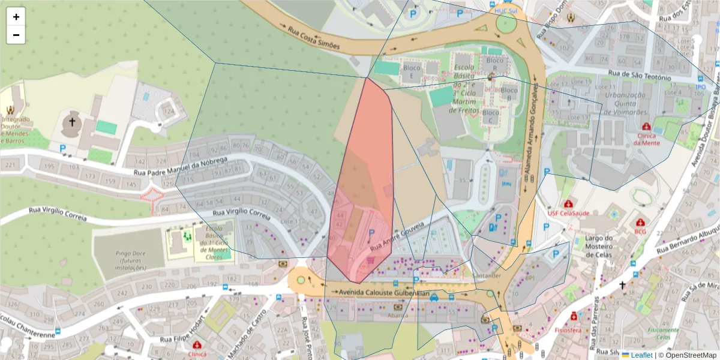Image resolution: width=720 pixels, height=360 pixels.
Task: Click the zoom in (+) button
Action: tap(16, 17)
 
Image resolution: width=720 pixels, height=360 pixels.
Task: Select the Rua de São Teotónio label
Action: tap(639, 74)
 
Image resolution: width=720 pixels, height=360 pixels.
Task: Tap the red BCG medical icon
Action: tap(641, 221)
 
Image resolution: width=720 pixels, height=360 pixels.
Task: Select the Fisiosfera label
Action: tap(584, 329)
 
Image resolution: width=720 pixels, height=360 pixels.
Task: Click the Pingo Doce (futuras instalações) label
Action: tap(130, 257)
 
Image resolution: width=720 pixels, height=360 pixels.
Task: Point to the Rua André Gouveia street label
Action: tap(397, 235)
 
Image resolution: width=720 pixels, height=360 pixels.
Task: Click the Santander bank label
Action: tap(487, 275)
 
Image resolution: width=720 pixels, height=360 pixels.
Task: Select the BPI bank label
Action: tap(529, 278)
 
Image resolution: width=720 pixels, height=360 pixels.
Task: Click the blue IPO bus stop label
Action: tap(700, 87)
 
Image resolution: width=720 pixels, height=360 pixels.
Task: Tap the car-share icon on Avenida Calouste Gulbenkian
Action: tap(433, 296)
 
